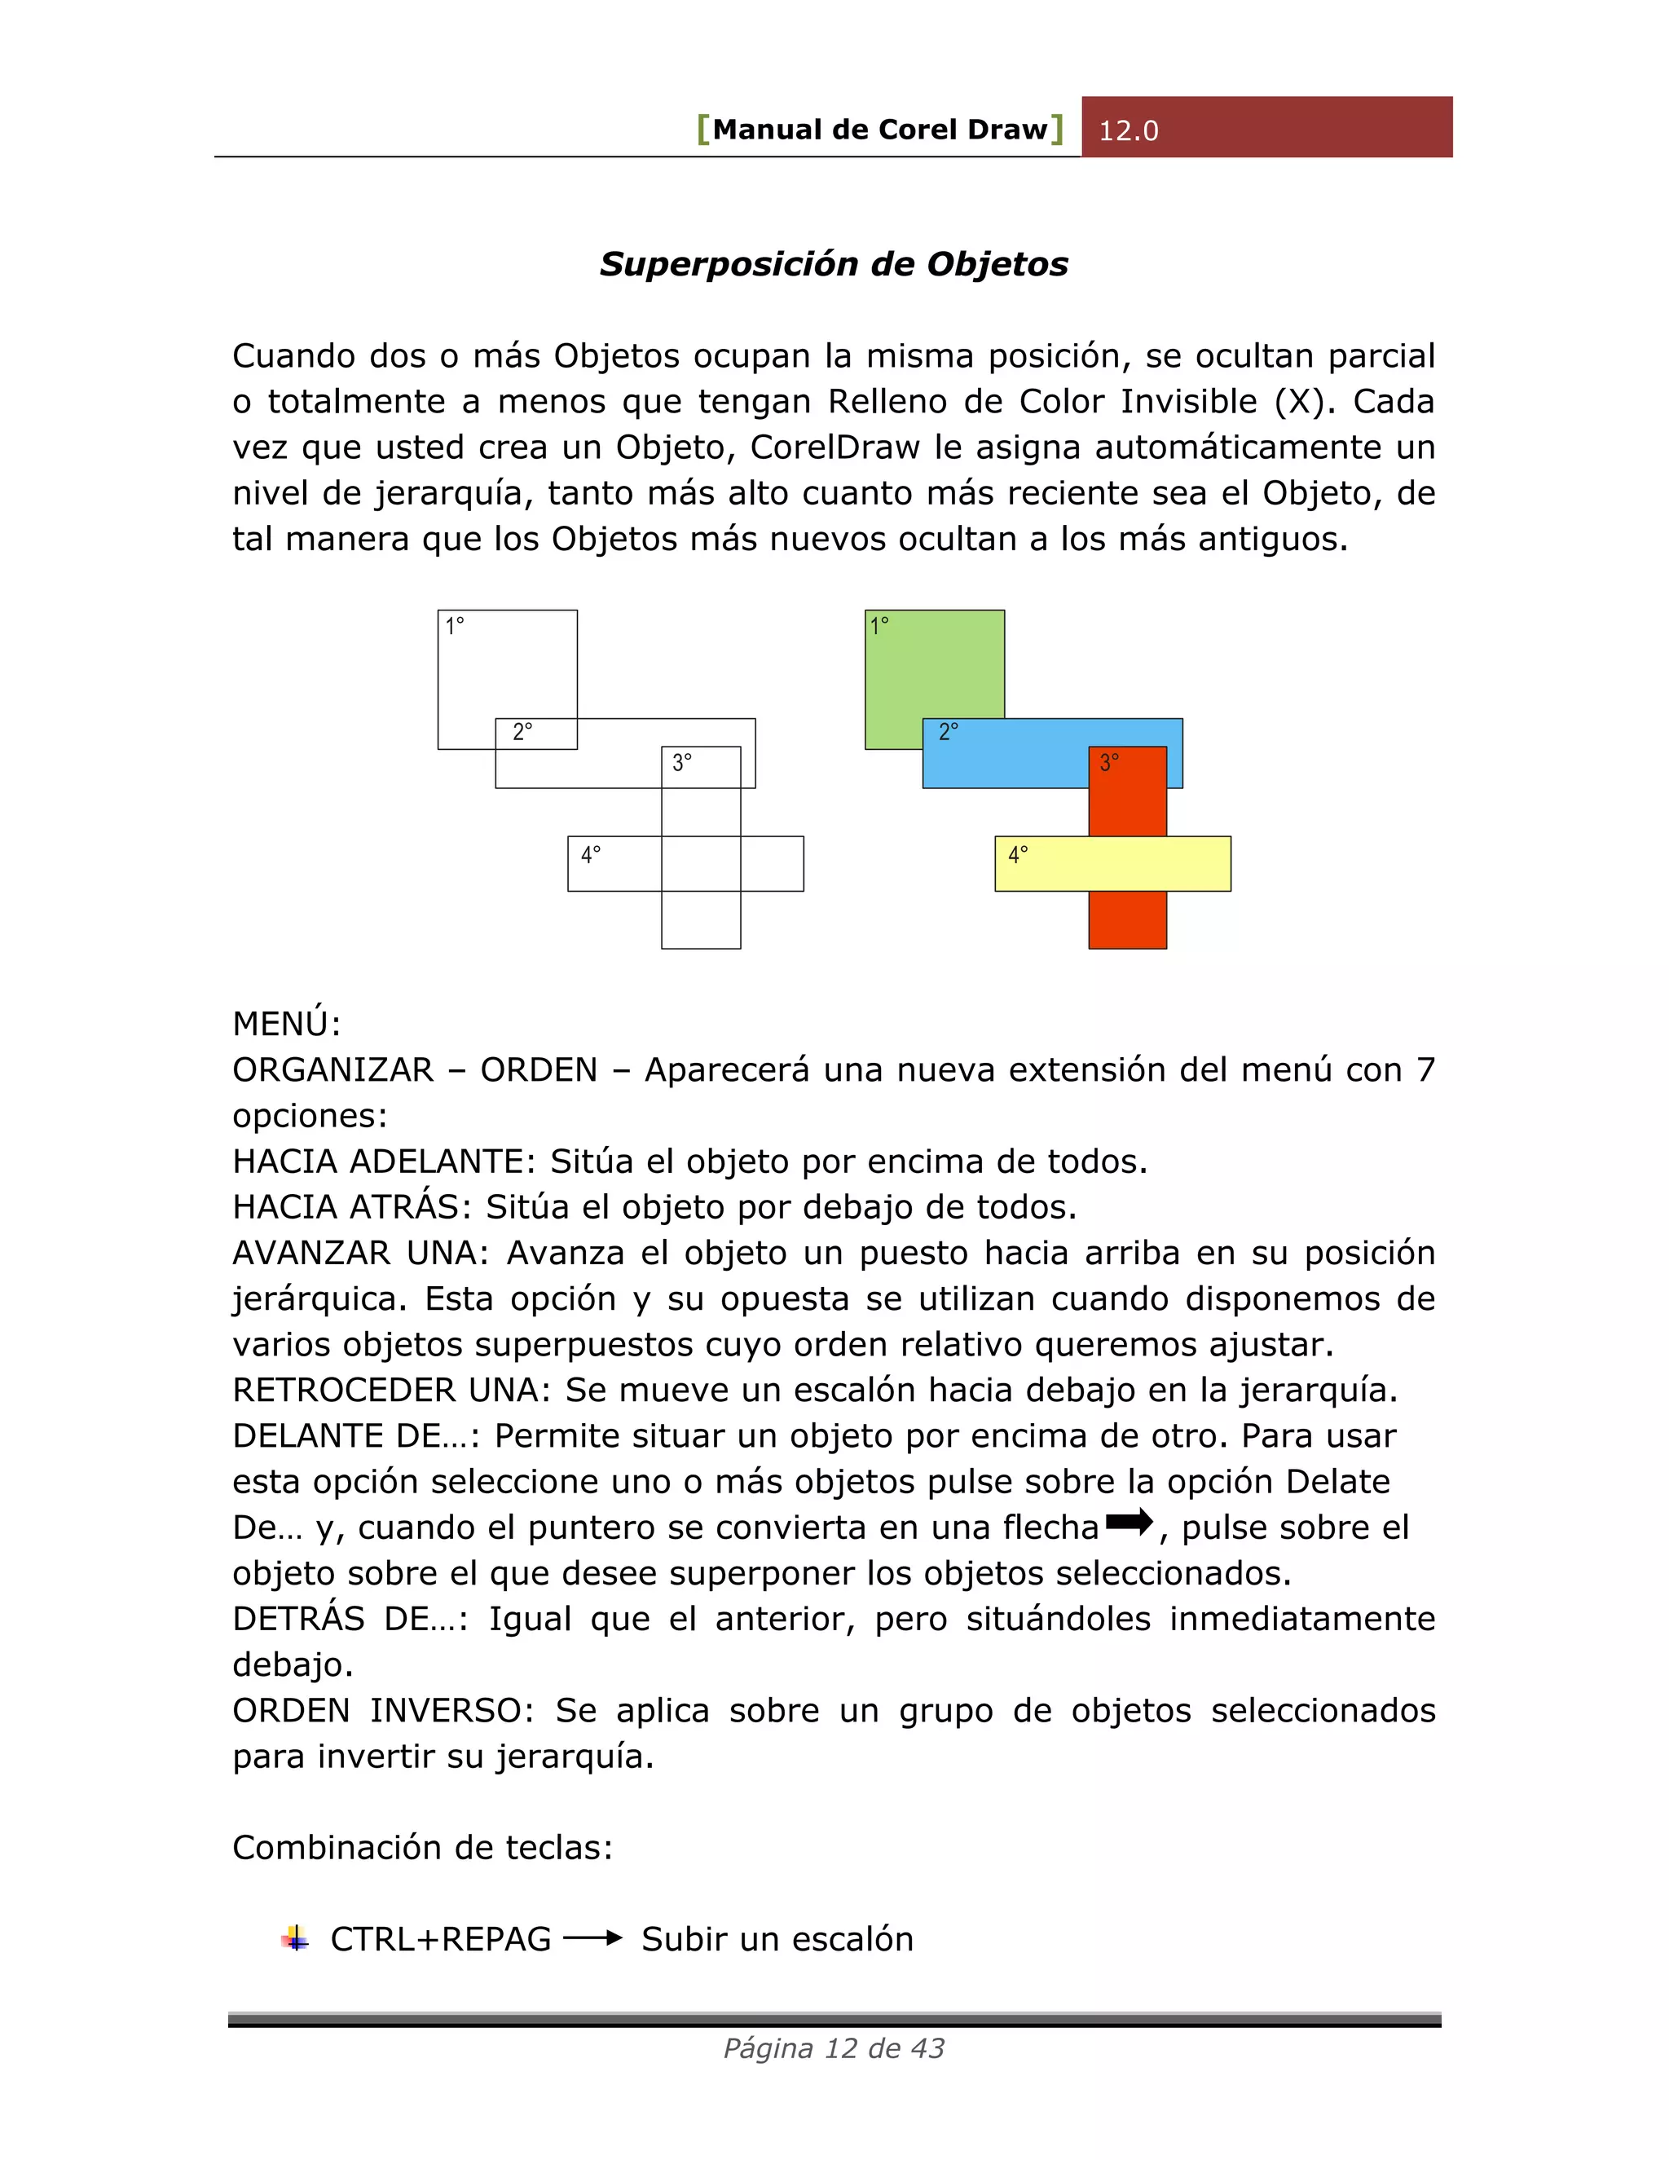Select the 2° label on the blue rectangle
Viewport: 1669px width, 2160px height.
(x=947, y=733)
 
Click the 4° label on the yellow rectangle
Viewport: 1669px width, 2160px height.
(x=1017, y=854)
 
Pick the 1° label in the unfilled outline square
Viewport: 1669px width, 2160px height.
(x=454, y=626)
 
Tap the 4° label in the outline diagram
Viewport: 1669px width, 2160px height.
(x=590, y=854)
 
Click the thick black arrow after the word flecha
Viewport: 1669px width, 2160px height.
(x=1130, y=1522)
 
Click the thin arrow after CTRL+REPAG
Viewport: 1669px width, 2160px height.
(x=592, y=1938)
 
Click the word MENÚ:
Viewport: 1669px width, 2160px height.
(x=286, y=1024)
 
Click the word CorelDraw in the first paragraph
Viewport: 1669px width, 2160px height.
(x=834, y=447)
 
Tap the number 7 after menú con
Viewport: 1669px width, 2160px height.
(x=1425, y=1069)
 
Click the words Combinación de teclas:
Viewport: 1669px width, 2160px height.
(x=422, y=1848)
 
